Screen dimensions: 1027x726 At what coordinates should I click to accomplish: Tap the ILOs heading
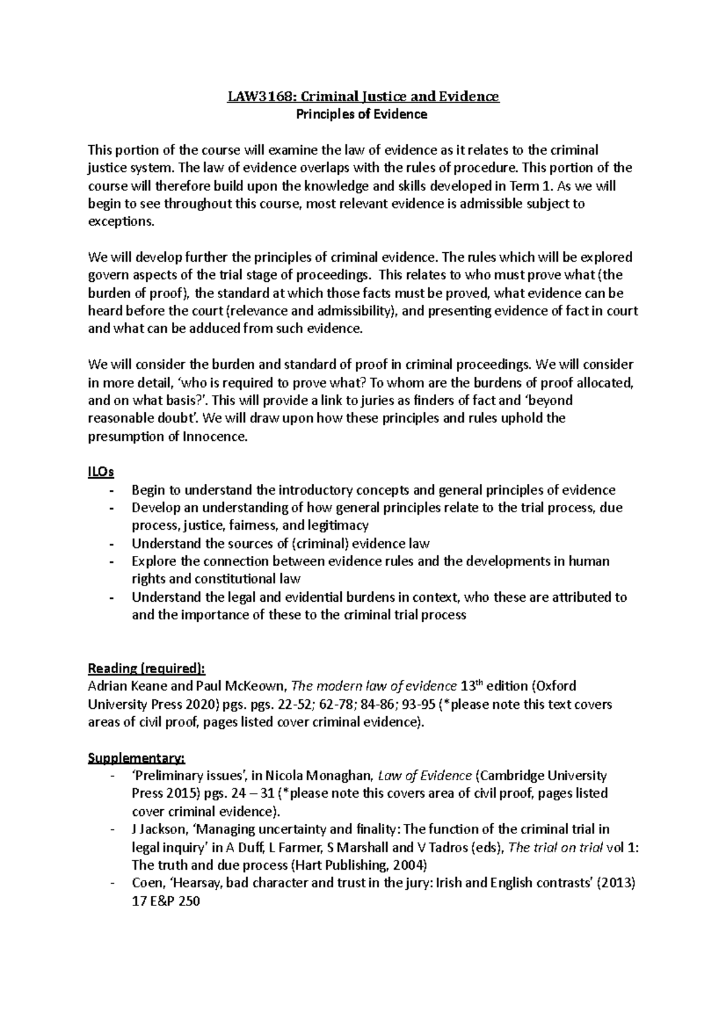[x=101, y=472]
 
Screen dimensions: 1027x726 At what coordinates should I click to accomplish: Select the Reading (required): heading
[x=146, y=668]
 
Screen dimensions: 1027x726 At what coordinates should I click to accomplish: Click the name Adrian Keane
[x=123, y=686]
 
